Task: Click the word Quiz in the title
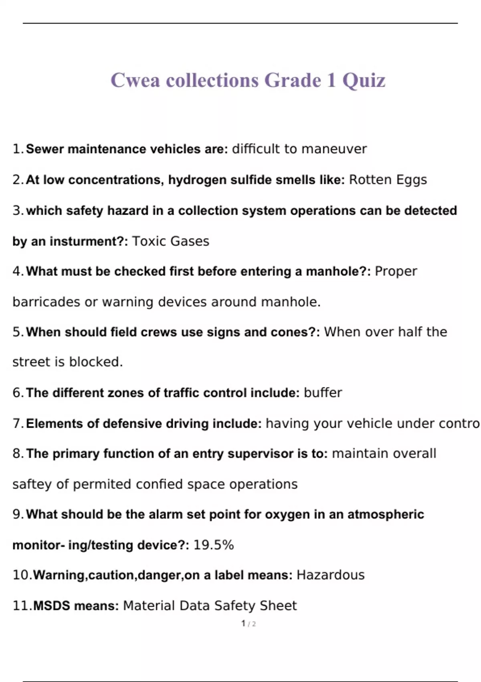[x=364, y=80]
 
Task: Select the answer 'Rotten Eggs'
[x=388, y=180]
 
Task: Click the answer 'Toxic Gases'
[x=170, y=241]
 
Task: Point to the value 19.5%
[x=213, y=545]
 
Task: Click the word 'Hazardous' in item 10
[x=330, y=575]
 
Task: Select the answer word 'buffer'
[x=323, y=392]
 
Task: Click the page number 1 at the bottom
[x=243, y=623]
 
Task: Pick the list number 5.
[x=17, y=332]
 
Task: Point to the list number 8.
[x=17, y=453]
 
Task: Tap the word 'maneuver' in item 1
[x=334, y=149]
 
